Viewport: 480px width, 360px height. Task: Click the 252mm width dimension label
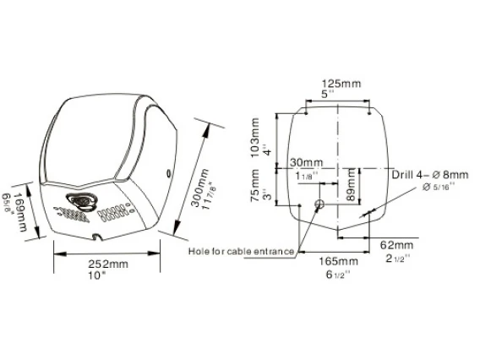coord(108,264)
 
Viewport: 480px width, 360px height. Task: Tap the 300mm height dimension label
coord(200,188)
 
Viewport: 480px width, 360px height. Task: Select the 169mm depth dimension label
coord(21,212)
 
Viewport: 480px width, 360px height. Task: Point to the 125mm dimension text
coord(341,84)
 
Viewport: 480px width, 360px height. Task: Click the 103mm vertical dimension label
coord(255,138)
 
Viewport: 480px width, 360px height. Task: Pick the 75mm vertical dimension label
coord(255,186)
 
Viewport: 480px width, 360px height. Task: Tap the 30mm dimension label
coord(306,162)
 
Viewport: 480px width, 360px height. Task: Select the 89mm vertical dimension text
coord(351,184)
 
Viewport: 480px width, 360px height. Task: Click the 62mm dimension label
coord(396,245)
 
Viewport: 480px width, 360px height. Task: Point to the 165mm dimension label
coord(338,261)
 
